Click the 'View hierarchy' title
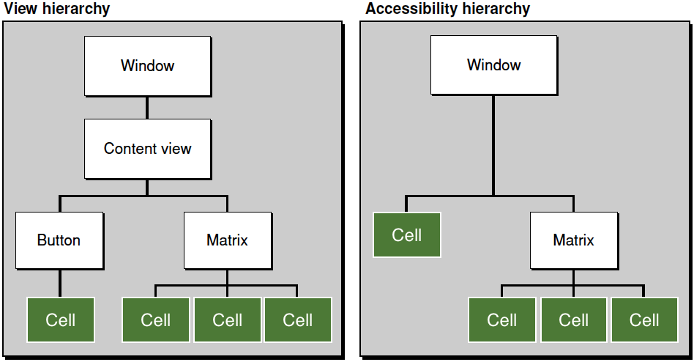[x=56, y=9]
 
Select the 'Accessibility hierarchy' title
[x=447, y=9]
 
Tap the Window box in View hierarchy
[x=148, y=66]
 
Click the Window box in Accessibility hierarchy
[x=494, y=65]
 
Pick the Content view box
[x=148, y=149]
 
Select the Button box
[x=59, y=240]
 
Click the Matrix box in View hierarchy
[x=228, y=240]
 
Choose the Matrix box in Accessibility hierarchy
[x=574, y=240]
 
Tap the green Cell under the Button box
[x=61, y=320]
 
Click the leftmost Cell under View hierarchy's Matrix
[x=156, y=320]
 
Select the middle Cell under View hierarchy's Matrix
[x=228, y=320]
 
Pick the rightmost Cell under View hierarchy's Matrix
[x=298, y=320]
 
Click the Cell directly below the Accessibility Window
[x=407, y=234]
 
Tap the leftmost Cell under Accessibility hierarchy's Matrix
[x=502, y=320]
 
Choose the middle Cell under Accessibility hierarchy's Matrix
[x=574, y=320]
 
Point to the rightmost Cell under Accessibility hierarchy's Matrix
[x=644, y=320]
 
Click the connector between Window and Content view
[x=147, y=108]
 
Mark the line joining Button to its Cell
[x=60, y=283]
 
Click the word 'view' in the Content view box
[x=176, y=149]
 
